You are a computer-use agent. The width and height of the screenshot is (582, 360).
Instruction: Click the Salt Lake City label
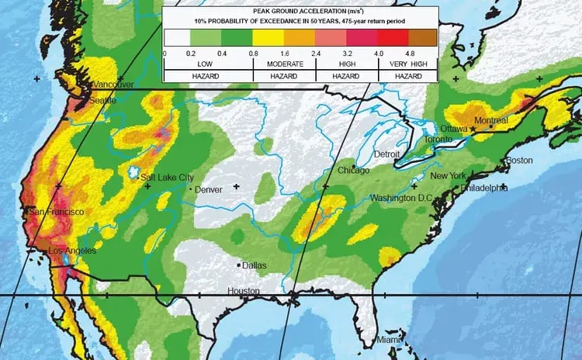point(167,178)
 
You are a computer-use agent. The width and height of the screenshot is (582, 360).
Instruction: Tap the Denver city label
point(209,189)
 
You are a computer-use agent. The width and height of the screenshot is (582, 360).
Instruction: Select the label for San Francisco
point(56,212)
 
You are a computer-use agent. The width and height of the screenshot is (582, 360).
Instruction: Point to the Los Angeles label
point(72,251)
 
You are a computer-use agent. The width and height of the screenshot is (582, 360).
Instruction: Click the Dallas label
point(254,265)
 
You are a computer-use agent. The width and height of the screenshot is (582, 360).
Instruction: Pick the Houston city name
point(244,291)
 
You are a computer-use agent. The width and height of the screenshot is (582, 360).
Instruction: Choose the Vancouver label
point(113,85)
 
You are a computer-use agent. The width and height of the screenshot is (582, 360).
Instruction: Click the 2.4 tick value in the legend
point(317,53)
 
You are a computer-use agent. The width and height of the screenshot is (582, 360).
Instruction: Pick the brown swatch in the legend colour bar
point(423,37)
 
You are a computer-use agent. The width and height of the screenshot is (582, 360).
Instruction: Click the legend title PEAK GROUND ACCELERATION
point(300,12)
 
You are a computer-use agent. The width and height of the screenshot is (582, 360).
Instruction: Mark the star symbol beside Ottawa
point(471,132)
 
